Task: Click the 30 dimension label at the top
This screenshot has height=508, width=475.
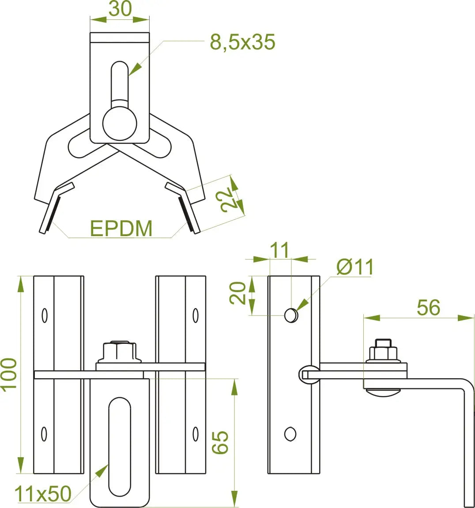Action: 120,9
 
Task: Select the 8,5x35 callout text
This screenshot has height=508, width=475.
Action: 243,42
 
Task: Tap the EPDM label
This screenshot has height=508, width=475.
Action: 121,228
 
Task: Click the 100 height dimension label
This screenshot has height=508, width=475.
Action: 9,375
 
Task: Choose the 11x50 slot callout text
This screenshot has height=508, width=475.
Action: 43,493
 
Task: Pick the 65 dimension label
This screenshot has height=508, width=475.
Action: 220,442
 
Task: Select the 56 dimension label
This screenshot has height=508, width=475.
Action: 428,307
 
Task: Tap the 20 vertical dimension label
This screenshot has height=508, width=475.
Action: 237,293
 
